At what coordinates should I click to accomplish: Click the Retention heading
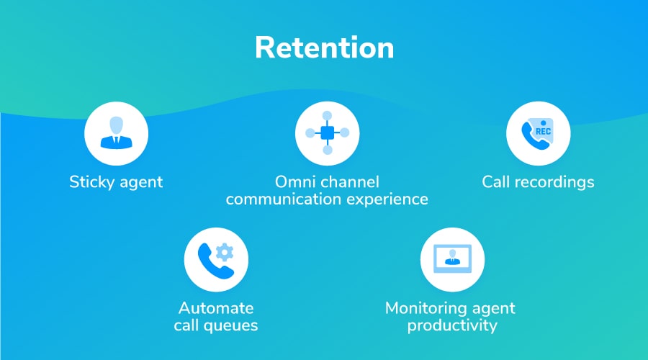coord(325,48)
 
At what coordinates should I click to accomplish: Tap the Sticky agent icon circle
coord(116,133)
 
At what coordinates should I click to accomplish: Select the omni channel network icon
coord(328,133)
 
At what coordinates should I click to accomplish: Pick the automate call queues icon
coord(216,260)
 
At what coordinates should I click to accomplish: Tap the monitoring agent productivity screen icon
coord(453,258)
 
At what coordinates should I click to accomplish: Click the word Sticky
coord(91,182)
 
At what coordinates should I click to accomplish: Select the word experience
coord(387,199)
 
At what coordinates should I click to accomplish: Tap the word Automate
coord(216,308)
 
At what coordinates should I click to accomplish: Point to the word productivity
coord(452,325)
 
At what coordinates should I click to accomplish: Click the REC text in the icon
coord(543,132)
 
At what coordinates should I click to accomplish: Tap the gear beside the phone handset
coord(225,252)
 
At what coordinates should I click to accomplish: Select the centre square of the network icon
coord(328,133)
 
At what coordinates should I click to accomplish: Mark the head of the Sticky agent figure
coord(116,125)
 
